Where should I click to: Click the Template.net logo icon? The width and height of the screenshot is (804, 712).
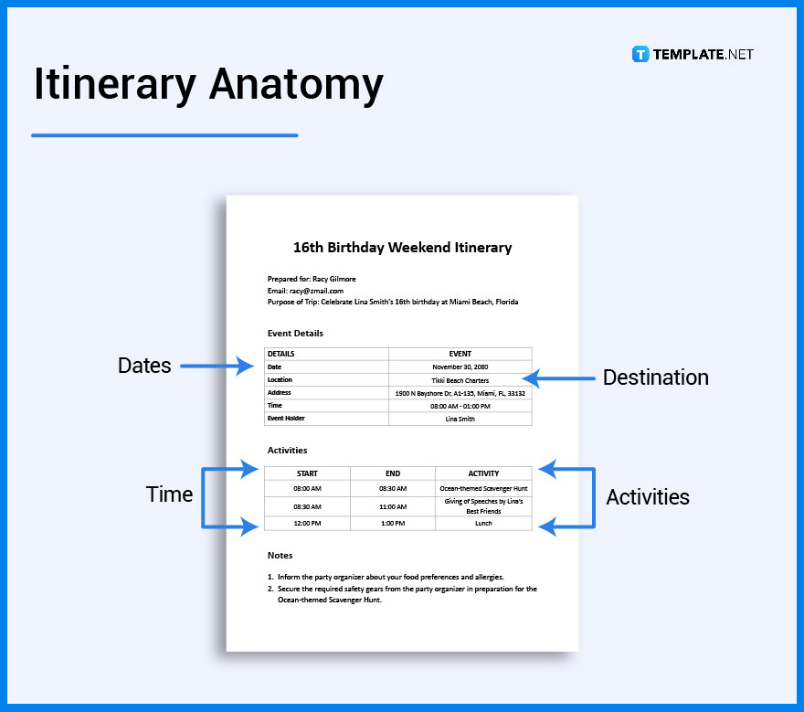point(640,54)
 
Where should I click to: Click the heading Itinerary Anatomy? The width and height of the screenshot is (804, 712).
point(208,85)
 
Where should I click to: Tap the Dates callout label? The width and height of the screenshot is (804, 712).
point(144,366)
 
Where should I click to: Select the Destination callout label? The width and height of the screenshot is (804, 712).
point(655,377)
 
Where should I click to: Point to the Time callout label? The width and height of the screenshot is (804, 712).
point(169,494)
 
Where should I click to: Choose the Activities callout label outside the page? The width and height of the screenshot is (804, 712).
point(648,497)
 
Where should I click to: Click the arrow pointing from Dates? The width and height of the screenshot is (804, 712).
point(217,367)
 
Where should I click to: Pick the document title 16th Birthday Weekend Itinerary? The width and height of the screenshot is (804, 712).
point(402,248)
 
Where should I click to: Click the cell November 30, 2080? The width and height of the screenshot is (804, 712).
point(460,367)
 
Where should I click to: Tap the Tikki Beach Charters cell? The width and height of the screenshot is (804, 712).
point(460,380)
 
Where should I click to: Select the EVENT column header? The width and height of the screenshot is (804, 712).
point(460,354)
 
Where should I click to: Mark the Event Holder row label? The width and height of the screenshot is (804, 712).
point(286,419)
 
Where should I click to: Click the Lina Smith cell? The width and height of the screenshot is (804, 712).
point(460,419)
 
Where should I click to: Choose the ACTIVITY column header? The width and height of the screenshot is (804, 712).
point(483,473)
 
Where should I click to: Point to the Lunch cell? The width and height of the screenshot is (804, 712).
point(483,524)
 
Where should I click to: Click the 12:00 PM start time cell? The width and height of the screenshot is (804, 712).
point(307,524)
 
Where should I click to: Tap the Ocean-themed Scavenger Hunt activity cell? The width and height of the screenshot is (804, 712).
point(483,488)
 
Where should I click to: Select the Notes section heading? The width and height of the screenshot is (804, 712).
point(280,556)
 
